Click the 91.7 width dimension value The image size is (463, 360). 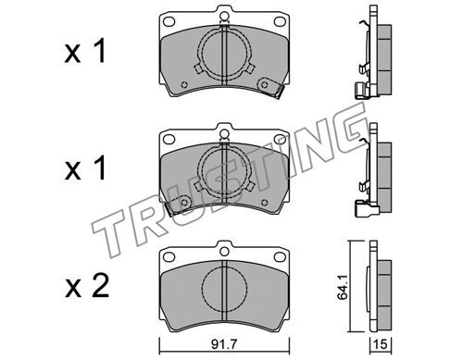coord(224,344)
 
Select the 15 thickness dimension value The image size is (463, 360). coord(381,344)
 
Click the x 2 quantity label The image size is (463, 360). coord(87,286)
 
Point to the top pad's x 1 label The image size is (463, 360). coord(85,51)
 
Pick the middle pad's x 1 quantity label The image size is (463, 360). coord(85,168)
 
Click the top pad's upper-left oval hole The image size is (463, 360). coord(169,21)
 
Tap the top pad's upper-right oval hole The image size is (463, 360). coord(280,21)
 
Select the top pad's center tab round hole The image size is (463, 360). coord(224,16)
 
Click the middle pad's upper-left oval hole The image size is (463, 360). coord(169,139)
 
